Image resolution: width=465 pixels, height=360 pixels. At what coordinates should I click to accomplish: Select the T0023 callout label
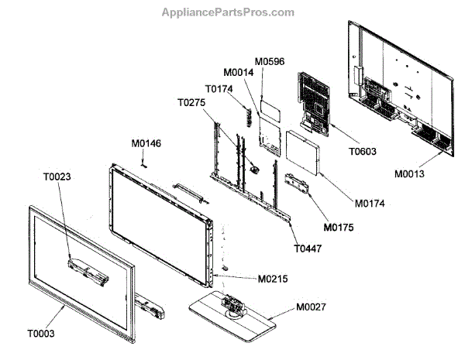click(57, 177)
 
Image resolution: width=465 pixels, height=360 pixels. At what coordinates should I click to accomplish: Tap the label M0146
click(146, 143)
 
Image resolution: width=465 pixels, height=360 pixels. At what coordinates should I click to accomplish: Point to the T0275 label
click(193, 102)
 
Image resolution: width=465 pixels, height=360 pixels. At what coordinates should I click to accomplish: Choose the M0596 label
click(270, 61)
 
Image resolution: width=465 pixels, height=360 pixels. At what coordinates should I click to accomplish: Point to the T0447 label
click(308, 249)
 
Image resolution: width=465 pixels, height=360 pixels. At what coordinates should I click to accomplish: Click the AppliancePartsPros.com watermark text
click(228, 12)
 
